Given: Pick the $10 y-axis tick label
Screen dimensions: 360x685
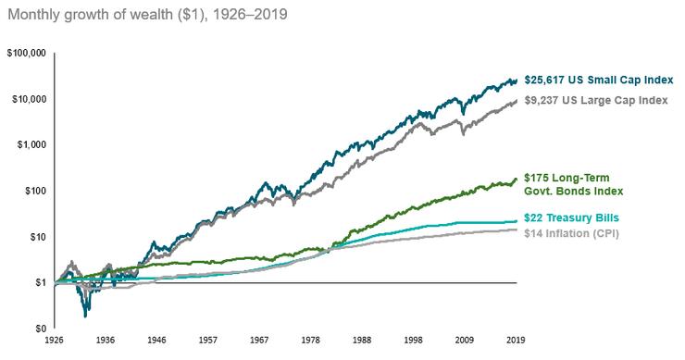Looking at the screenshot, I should [x=36, y=237].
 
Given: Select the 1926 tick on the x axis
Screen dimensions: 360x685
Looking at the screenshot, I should [x=57, y=341].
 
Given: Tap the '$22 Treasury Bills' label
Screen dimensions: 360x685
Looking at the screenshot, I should [x=572, y=217].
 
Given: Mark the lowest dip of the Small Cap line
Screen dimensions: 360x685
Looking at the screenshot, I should [x=86, y=316].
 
